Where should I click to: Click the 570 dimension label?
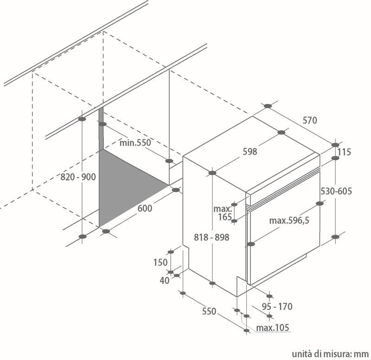[x=310, y=121]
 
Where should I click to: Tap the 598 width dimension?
[x=250, y=152]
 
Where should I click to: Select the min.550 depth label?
[x=135, y=143]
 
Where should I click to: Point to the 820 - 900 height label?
[x=78, y=177]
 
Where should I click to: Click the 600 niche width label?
[x=145, y=208]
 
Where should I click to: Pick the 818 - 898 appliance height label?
[x=211, y=237]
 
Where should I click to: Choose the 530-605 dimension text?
[x=336, y=191]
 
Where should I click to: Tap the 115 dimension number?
[x=344, y=152]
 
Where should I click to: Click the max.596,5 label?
[x=289, y=220]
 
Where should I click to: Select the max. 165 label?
[x=223, y=213]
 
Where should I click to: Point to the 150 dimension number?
[x=160, y=262]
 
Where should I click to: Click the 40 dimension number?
[x=165, y=281]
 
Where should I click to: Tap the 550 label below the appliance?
[x=209, y=311]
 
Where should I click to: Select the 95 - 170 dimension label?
[x=277, y=307]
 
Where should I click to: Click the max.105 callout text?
[x=273, y=328]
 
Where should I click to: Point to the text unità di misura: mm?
[x=330, y=354]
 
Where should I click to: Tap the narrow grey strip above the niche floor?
[x=101, y=129]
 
